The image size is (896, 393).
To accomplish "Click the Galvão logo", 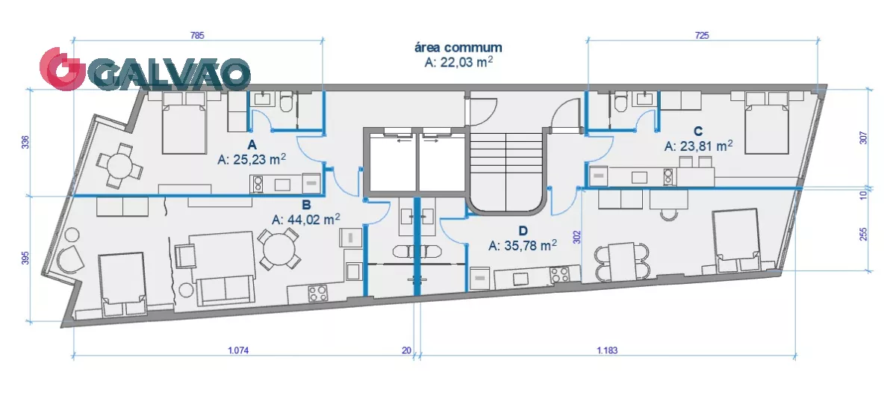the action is tap(145, 71).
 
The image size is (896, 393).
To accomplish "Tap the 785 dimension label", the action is tap(197, 36).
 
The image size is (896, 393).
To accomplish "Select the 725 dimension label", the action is tap(702, 36).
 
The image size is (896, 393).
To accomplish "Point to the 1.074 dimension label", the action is tap(238, 350).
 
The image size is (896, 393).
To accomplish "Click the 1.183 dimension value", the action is tap(607, 350).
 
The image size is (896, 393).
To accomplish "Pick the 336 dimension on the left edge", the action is tap(25, 142).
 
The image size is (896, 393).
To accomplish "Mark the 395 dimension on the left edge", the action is tap(25, 258).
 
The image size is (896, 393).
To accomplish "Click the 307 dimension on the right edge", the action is tap(864, 137).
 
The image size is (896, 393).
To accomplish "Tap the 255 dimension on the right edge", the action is tap(864, 234).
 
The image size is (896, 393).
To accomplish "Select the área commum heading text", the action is tap(458, 47).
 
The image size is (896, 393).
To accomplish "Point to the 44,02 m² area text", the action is tap(306, 220).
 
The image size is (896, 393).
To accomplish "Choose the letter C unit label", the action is tap(698, 131).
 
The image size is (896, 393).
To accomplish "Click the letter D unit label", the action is tap(523, 231).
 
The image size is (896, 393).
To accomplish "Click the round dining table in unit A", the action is tap(119, 165).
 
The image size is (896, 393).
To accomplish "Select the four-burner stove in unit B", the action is tap(318, 294).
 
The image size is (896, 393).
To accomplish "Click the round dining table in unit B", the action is tap(279, 249).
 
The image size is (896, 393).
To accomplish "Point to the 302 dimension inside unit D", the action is tap(576, 237).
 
